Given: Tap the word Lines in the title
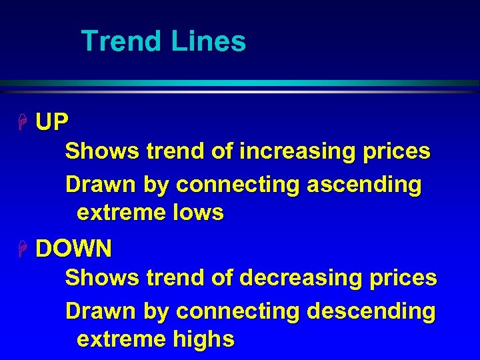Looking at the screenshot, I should (x=209, y=41).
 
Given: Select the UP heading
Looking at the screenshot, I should (x=51, y=122).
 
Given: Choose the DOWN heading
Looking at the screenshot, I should (x=73, y=249).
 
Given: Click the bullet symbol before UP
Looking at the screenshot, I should (x=23, y=122).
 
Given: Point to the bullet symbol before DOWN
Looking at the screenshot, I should (x=23, y=249).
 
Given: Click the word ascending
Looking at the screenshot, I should (x=363, y=185).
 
